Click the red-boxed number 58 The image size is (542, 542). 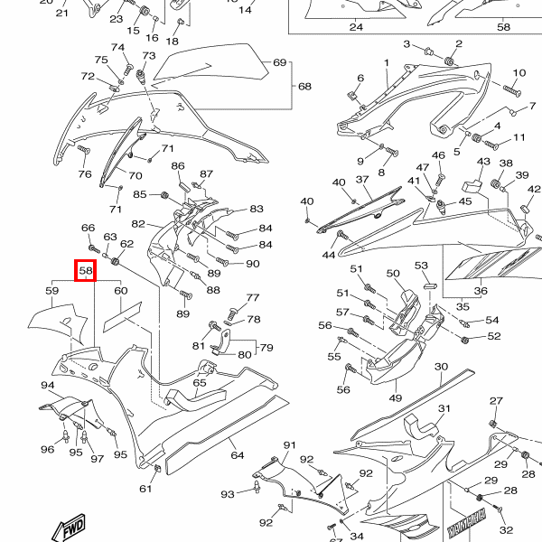85,270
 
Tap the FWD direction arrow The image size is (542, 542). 70,528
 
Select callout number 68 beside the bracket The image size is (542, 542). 304,87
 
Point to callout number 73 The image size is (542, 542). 149,56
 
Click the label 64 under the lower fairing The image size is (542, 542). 237,454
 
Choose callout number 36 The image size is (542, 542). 481,291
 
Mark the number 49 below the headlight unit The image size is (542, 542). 396,397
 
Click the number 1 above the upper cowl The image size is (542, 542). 386,62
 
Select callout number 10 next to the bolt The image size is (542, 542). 519,73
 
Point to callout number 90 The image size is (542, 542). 252,264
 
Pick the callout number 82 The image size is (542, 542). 138,223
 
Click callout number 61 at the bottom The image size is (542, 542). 145,489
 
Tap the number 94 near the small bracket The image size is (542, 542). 48,386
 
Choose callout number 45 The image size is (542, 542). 465,201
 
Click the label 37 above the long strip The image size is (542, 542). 363,181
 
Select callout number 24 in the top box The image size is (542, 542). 356,27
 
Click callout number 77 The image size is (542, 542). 253,297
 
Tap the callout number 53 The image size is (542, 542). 421,266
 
